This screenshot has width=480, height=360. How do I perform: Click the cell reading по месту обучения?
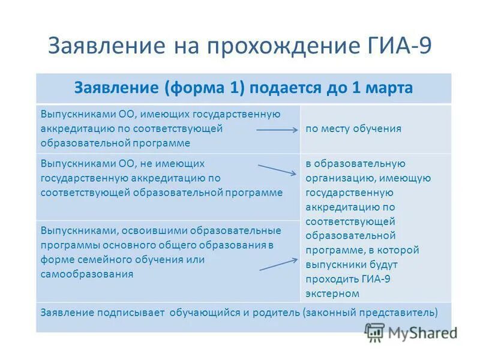pyautogui.click(x=353, y=128)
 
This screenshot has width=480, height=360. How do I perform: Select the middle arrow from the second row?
pyautogui.click(x=277, y=169)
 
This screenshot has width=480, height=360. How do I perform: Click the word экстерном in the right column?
pyautogui.click(x=332, y=293)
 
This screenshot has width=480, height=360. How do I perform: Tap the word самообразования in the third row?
pyautogui.click(x=87, y=274)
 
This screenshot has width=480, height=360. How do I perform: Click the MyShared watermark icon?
pyautogui.click(x=374, y=332)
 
